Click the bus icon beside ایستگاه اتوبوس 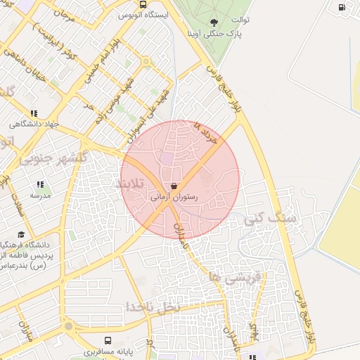(143, 4)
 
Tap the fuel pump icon (342, 8)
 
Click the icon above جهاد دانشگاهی (33, 113)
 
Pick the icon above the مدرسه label (39, 185)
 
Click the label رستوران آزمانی (174, 198)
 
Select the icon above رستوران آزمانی (174, 188)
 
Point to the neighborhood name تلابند (129, 184)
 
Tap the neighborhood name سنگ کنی (268, 219)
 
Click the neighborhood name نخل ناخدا (153, 307)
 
